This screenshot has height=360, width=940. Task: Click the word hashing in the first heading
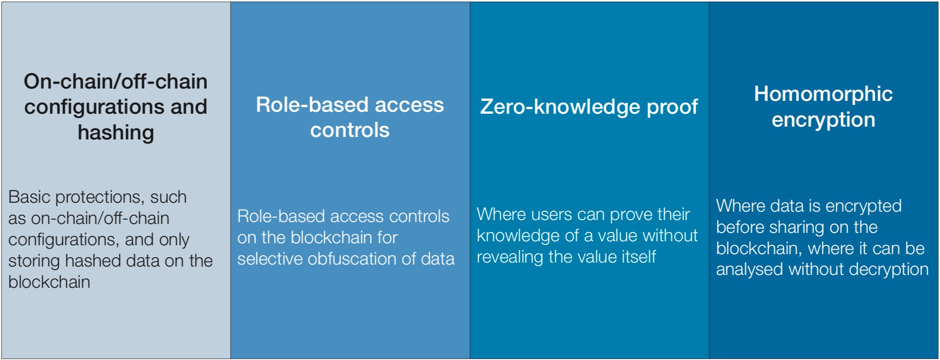click(116, 133)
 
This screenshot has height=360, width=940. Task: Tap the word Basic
click(30, 197)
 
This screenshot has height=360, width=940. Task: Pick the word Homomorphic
click(823, 94)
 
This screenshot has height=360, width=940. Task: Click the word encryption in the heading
click(823, 120)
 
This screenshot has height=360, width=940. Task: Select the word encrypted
click(863, 206)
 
